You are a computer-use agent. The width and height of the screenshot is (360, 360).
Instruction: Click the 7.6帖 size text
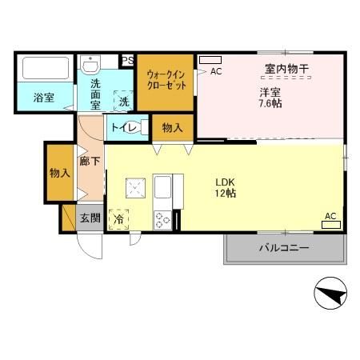click(x=269, y=103)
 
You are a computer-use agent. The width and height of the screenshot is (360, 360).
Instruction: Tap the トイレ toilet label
click(x=126, y=127)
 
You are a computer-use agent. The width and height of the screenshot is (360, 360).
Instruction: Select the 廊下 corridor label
click(x=90, y=161)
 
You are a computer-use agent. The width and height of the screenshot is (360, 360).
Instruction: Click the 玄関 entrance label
click(x=89, y=217)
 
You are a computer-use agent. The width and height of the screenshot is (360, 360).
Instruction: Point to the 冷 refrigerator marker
click(x=118, y=217)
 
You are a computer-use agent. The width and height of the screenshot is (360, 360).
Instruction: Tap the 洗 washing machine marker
click(x=124, y=102)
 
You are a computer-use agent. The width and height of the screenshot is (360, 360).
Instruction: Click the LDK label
click(x=223, y=180)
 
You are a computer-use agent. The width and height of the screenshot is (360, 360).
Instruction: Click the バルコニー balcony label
click(x=283, y=248)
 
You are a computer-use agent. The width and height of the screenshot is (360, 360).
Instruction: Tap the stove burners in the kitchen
click(x=163, y=218)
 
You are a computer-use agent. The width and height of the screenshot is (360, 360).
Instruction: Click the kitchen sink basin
click(x=163, y=190)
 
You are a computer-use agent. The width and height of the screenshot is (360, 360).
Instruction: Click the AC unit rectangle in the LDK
click(x=330, y=225)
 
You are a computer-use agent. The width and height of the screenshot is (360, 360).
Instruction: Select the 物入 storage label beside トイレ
click(x=172, y=127)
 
